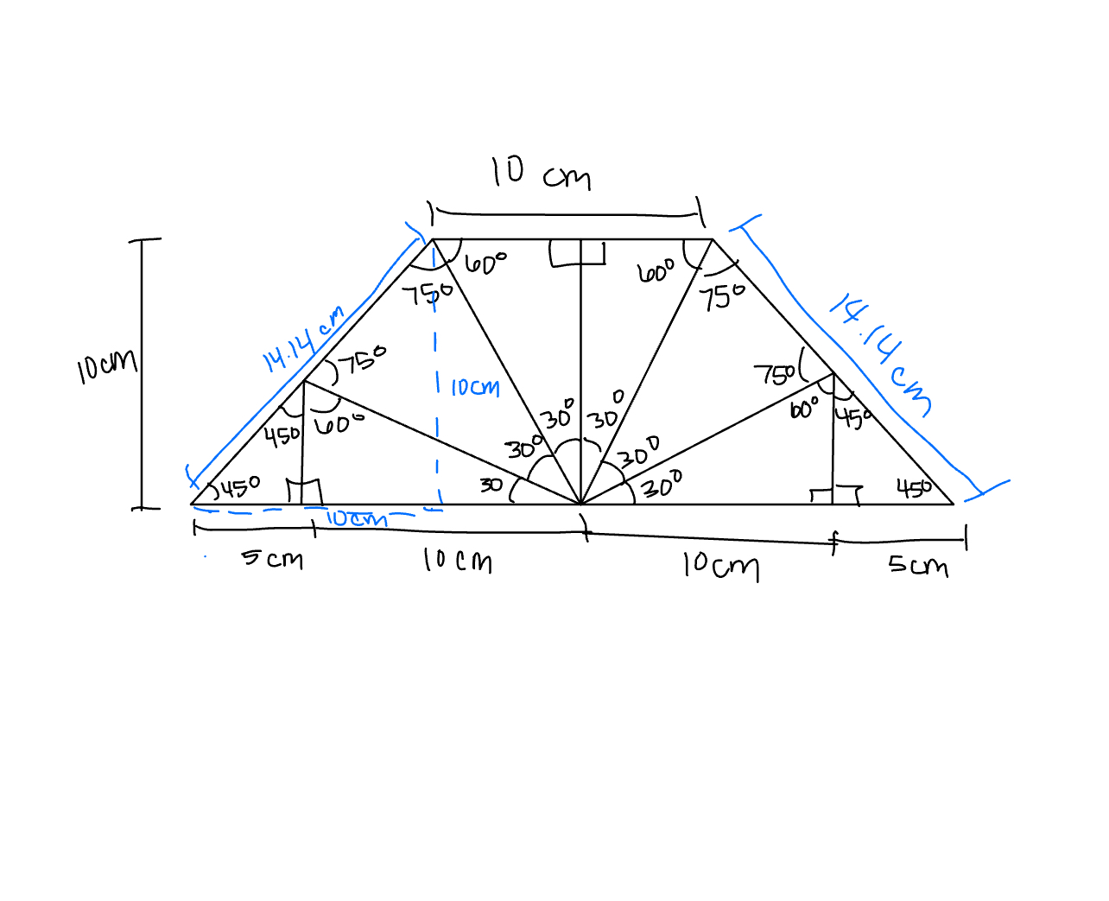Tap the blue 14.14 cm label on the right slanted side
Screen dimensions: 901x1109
point(880,354)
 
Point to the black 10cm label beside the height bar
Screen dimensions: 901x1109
point(106,365)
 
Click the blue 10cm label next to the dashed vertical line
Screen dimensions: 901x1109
point(474,388)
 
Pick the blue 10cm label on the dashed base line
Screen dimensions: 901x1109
point(356,518)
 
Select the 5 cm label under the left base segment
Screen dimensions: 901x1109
point(272,559)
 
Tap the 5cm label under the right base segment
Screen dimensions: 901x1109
point(918,566)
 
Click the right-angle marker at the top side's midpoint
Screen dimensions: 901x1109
point(577,253)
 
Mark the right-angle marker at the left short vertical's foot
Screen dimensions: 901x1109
point(304,492)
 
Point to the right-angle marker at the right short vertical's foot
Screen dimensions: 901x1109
point(835,494)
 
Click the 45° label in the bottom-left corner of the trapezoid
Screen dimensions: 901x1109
point(238,488)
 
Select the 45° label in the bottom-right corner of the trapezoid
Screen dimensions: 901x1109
point(914,489)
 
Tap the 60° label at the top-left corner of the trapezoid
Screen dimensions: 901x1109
point(486,263)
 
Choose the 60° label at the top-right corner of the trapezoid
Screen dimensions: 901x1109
point(656,272)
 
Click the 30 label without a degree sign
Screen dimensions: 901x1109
point(491,485)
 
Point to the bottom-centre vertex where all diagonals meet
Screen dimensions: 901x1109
point(580,504)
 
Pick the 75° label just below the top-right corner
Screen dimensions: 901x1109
point(722,297)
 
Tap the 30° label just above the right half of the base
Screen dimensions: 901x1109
point(662,485)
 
